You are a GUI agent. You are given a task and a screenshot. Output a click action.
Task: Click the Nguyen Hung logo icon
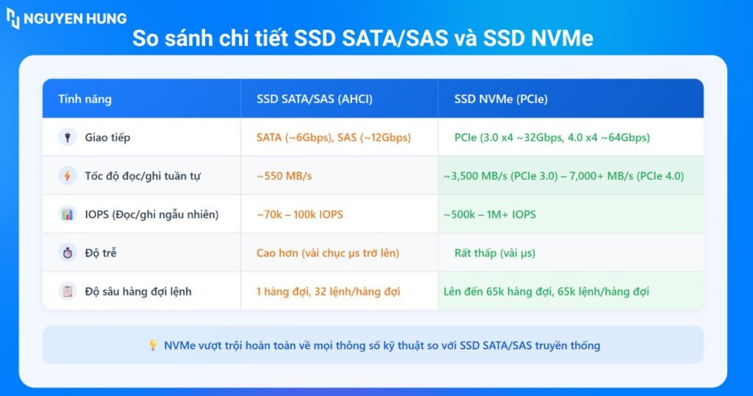pyautogui.click(x=13, y=18)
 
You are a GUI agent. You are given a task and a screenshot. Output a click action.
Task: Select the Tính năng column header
pyautogui.click(x=85, y=99)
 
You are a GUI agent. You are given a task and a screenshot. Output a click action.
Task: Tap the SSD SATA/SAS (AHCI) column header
pyautogui.click(x=315, y=99)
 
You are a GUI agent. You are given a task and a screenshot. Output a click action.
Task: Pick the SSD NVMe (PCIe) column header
pyautogui.click(x=501, y=99)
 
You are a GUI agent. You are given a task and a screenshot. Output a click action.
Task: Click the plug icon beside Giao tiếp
pyautogui.click(x=68, y=138)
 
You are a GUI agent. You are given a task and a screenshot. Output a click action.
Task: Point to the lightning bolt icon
pyautogui.click(x=68, y=176)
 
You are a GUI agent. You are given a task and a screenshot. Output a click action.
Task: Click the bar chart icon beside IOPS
pyautogui.click(x=68, y=214)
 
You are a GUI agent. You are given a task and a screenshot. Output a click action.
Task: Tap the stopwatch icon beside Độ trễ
pyautogui.click(x=68, y=252)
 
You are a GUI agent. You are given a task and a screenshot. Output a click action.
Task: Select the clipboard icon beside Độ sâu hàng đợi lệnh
pyautogui.click(x=68, y=291)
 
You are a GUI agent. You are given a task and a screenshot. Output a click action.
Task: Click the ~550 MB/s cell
pyautogui.click(x=284, y=176)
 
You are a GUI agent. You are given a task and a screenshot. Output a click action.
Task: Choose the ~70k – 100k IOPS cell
pyautogui.click(x=300, y=214)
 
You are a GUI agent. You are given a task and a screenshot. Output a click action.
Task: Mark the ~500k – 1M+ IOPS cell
pyautogui.click(x=489, y=214)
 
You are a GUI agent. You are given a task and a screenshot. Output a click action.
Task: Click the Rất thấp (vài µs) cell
pyautogui.click(x=495, y=253)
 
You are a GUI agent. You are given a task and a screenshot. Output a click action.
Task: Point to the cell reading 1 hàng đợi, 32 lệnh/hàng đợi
pyautogui.click(x=328, y=291)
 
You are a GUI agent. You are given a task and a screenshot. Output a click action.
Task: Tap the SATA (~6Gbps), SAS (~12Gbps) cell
pyautogui.click(x=334, y=138)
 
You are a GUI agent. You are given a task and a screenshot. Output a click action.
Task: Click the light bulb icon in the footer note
pyautogui.click(x=153, y=345)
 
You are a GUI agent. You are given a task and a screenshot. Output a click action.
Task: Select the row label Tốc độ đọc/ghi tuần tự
pyautogui.click(x=143, y=176)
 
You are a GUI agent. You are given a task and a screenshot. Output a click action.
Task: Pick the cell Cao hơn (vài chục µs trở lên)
pyautogui.click(x=327, y=253)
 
